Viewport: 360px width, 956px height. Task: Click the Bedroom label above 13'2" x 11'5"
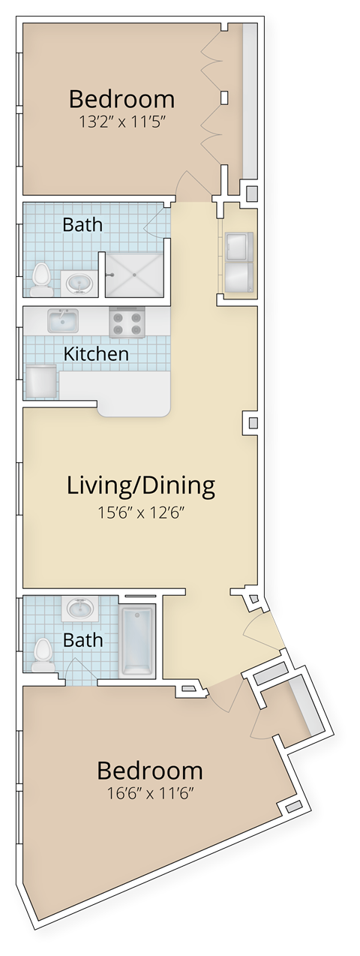[x=121, y=99]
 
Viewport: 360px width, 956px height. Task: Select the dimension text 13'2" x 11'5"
[x=121, y=122]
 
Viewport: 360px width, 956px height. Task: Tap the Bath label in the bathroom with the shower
[x=82, y=224]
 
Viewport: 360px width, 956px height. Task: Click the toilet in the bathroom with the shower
[x=41, y=277]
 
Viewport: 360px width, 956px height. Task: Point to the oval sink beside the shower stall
[x=79, y=283]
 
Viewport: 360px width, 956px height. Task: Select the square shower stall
[x=133, y=275]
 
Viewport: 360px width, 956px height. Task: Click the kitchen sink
[x=64, y=321]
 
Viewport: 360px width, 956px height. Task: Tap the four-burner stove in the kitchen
[x=126, y=323]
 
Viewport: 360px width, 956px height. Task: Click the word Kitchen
[x=96, y=353]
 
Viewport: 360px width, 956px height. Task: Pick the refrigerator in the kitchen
[x=41, y=381]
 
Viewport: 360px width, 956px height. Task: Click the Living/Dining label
[x=141, y=486]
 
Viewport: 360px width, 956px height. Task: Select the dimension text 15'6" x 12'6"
[x=141, y=513]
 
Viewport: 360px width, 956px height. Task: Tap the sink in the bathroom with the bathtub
[x=79, y=608]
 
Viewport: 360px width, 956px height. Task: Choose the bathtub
[x=137, y=640]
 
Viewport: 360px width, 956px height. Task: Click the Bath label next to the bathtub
[x=82, y=640]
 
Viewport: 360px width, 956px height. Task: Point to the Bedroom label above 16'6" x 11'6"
[x=150, y=771]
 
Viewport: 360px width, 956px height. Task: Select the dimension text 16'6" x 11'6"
[x=150, y=792]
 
